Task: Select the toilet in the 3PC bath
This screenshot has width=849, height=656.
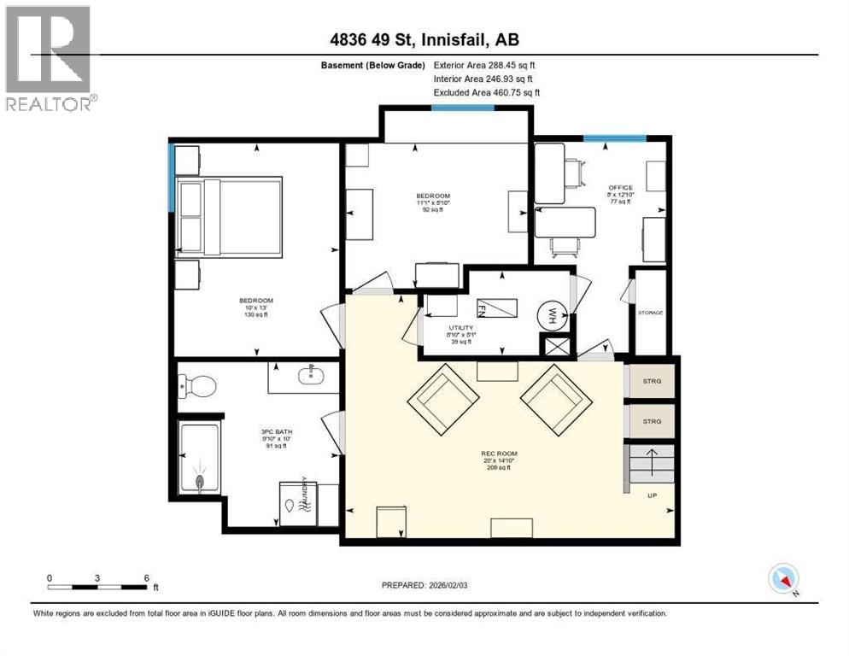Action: pos(197,385)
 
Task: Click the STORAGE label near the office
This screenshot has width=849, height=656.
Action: pos(650,313)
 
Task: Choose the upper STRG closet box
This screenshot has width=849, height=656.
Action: pos(652,381)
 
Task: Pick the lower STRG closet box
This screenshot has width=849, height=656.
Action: pos(652,421)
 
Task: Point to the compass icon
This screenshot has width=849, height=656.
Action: pos(783,579)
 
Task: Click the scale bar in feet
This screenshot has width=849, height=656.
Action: pos(98,586)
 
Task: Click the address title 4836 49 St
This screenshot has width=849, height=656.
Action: pos(424,39)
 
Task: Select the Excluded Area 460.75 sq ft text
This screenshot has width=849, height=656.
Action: pos(487,92)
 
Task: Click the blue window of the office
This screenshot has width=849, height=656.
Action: pos(614,138)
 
